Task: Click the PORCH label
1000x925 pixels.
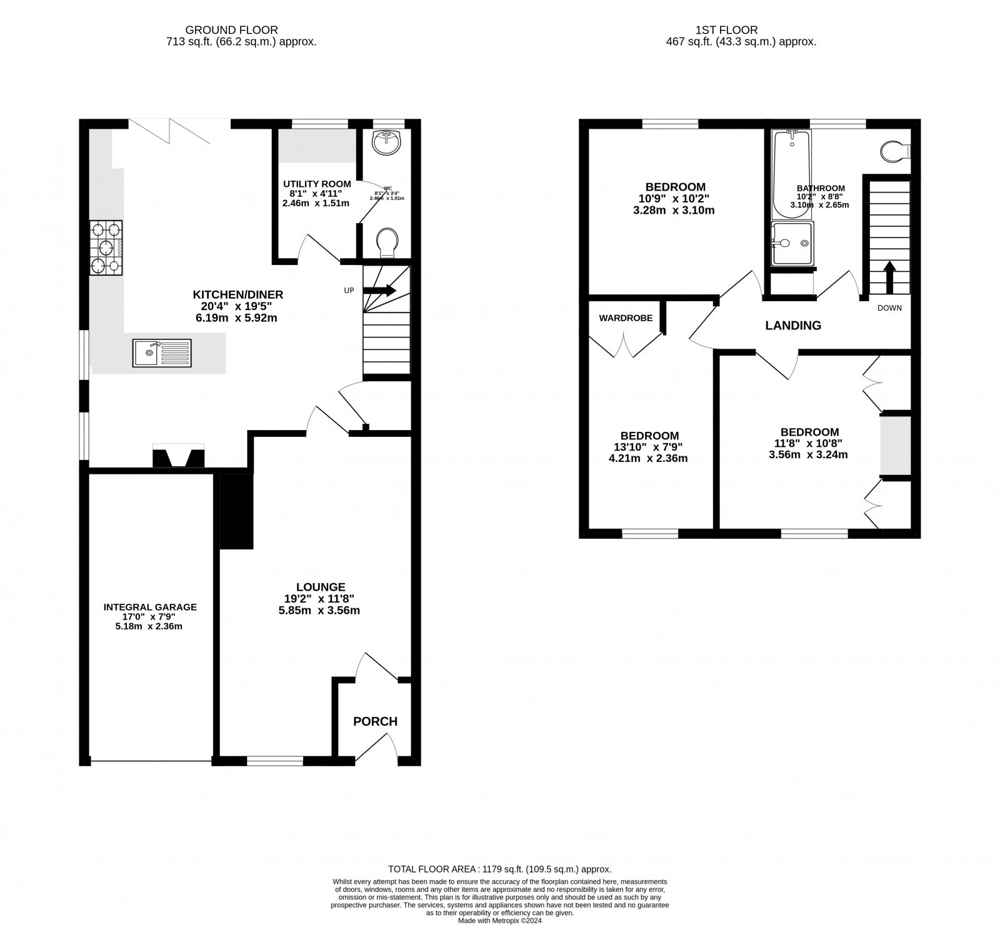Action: [x=375, y=721]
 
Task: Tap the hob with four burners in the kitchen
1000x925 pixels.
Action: [x=106, y=247]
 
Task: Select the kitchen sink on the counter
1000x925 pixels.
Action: [x=162, y=352]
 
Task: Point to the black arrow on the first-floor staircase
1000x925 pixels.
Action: [x=888, y=277]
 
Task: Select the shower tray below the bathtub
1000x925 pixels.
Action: [x=792, y=244]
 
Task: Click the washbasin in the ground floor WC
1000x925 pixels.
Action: [x=386, y=142]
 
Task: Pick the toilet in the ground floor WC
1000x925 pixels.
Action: [x=387, y=241]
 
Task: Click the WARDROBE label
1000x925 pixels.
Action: [x=626, y=318]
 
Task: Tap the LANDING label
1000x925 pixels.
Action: [x=793, y=325]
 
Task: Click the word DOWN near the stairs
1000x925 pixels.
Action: [x=889, y=308]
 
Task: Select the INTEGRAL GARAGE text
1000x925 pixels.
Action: [x=150, y=607]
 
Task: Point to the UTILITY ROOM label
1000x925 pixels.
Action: [x=317, y=184]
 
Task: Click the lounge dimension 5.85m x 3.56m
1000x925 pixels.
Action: [x=319, y=611]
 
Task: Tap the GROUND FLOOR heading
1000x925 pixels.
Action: [x=231, y=29]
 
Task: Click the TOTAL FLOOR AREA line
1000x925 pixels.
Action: [x=499, y=869]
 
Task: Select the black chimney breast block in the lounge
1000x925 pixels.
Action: [x=236, y=511]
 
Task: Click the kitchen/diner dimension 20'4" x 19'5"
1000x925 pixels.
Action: [x=237, y=306]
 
